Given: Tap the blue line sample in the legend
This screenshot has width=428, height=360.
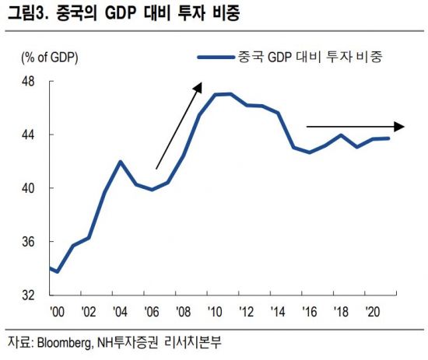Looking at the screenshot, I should coord(216,57).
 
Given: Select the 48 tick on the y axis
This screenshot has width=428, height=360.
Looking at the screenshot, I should coord(26,81).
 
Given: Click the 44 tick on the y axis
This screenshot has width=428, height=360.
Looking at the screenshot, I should coord(26,135).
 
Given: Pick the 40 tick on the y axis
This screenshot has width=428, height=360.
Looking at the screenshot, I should coord(26,188).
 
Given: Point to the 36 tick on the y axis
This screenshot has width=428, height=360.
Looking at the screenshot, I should coord(26,242).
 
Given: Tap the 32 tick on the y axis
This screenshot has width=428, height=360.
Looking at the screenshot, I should coord(26,295).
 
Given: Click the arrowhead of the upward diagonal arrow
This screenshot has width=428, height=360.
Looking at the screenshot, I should coord(198,85).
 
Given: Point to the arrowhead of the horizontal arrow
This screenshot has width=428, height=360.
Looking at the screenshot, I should coord(400,126).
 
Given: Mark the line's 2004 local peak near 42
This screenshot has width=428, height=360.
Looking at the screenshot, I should coord(120,161).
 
